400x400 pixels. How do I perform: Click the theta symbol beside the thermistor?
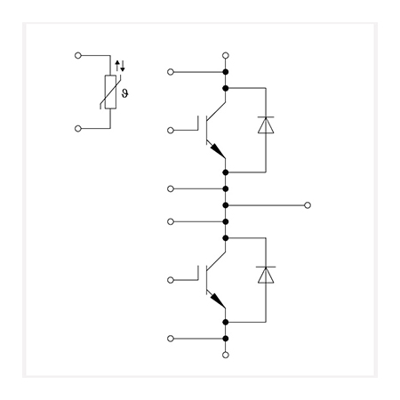pos(125,93)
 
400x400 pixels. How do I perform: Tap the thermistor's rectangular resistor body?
pos(110,92)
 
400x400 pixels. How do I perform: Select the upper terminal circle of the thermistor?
pos(78,55)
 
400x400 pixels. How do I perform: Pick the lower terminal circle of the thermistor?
pos(78,128)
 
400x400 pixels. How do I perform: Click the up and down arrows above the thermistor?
pos(120,66)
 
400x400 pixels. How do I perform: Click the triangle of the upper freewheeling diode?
pos(266,125)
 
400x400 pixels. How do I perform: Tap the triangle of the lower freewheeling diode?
pos(266,276)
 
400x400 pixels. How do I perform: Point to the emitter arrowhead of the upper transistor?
pos(218,151)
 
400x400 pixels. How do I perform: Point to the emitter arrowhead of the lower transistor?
pos(218,301)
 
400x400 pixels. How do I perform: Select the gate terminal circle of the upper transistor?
pos(171,131)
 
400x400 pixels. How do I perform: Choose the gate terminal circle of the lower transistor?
pos(171,280)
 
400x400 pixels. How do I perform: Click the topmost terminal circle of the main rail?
pos(226,55)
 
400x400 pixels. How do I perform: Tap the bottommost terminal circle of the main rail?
pos(226,355)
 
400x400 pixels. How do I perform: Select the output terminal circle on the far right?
pos(308,205)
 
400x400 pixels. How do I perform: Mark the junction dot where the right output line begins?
pos(226,205)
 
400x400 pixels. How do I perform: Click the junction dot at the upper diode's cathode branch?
pos(226,88)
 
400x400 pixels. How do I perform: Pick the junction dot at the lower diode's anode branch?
pos(226,322)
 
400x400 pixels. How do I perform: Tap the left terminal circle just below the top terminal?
pos(171,72)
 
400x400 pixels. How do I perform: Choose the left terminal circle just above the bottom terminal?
pos(171,339)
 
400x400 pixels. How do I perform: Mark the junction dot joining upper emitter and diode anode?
pos(226,172)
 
